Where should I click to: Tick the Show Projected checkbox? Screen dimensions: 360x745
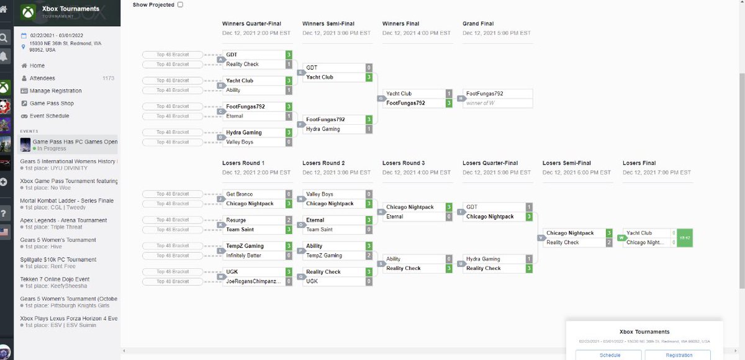pyautogui.click(x=180, y=4)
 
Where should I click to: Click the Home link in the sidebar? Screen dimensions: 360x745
pyautogui.click(x=37, y=66)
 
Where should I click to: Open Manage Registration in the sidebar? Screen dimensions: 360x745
pyautogui.click(x=56, y=91)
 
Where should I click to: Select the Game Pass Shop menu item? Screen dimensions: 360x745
pyautogui.click(x=52, y=104)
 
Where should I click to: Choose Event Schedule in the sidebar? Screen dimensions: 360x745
pyautogui.click(x=50, y=116)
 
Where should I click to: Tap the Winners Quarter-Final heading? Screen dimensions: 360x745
pyautogui.click(x=251, y=24)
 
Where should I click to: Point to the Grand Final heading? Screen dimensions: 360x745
pyautogui.click(x=478, y=24)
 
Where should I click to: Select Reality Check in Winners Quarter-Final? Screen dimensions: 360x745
pyautogui.click(x=243, y=65)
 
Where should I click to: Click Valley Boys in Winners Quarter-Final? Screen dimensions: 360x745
pyautogui.click(x=240, y=142)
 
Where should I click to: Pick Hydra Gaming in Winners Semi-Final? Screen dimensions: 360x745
pyautogui.click(x=323, y=129)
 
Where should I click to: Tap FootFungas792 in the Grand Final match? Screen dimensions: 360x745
pyautogui.click(x=484, y=94)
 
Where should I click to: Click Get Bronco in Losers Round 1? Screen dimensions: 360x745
pyautogui.click(x=240, y=194)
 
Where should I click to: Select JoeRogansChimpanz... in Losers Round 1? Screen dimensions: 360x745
pyautogui.click(x=253, y=282)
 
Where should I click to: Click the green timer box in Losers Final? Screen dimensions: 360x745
pyautogui.click(x=685, y=238)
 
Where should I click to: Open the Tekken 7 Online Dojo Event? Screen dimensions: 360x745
pyautogui.click(x=55, y=279)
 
